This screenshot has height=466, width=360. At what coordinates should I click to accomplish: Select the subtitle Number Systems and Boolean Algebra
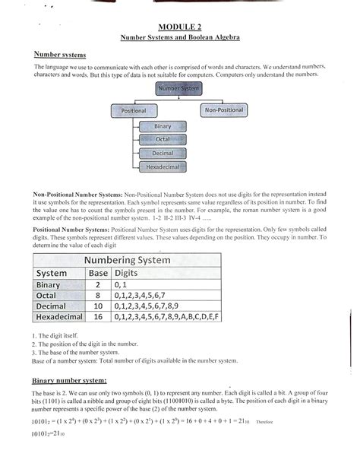[x=179, y=38]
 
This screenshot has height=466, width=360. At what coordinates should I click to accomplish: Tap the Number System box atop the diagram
[x=178, y=89]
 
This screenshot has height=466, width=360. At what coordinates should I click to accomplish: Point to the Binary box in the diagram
[x=162, y=126]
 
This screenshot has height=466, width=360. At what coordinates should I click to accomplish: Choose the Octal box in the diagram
[x=162, y=140]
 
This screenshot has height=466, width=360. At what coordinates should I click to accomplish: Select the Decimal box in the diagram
[x=162, y=153]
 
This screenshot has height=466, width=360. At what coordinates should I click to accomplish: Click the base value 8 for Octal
[x=98, y=295]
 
